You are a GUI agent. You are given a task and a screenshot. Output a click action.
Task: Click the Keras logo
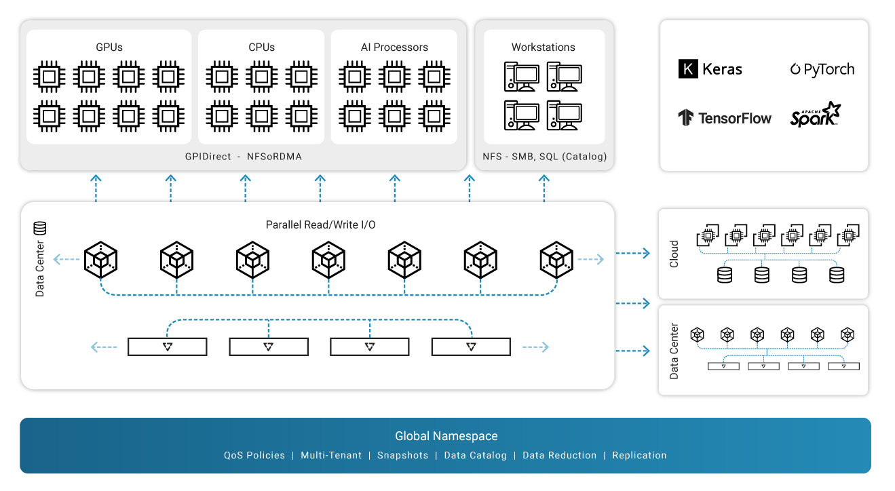point(710,69)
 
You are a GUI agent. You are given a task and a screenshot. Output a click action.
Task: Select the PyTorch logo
point(822,69)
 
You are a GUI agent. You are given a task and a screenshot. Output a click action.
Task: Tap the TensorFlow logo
point(725,118)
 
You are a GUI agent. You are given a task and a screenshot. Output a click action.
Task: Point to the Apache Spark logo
point(815,115)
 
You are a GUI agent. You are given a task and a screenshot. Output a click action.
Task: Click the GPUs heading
point(109,47)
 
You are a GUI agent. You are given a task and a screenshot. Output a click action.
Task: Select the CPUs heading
point(261,47)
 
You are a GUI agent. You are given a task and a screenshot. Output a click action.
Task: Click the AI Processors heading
point(394,47)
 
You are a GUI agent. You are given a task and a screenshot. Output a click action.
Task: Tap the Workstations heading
point(543,47)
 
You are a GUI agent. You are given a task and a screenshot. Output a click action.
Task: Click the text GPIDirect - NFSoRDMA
point(243,157)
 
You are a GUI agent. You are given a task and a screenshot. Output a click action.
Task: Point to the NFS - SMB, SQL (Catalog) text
point(544,157)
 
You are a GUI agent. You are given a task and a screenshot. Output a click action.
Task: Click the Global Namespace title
point(446,436)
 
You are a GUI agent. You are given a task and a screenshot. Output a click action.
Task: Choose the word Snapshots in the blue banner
point(402,455)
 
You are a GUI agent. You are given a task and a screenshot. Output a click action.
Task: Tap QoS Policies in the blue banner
point(254,455)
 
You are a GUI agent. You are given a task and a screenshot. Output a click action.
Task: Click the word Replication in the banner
point(639,455)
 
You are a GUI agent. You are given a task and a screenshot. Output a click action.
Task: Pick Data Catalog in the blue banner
point(475,455)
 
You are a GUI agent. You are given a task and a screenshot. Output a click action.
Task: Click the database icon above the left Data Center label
point(40,229)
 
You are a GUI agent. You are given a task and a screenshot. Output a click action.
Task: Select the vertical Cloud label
point(674,254)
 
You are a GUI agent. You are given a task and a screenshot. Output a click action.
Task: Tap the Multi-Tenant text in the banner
point(331,455)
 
